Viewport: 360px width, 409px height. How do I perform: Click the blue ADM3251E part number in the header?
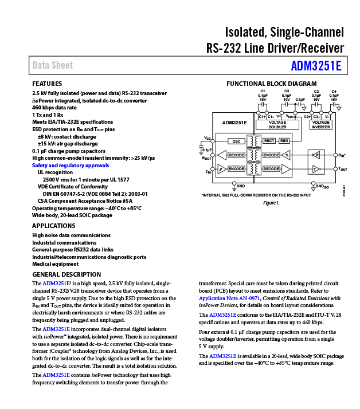[x=315, y=65]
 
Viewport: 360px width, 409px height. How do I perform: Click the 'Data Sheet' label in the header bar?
[x=53, y=65]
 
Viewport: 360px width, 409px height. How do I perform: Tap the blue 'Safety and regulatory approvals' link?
[x=70, y=165]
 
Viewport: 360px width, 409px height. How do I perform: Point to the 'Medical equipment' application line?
[x=55, y=264]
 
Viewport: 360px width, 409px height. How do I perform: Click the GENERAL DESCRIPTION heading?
[x=66, y=274]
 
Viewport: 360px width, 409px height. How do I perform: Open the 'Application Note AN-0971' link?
[x=229, y=298]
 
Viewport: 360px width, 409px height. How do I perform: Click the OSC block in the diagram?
[x=236, y=141]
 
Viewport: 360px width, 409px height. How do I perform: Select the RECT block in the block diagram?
[x=269, y=140]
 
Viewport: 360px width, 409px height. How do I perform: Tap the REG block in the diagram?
[x=284, y=140]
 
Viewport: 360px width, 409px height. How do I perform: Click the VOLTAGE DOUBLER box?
[x=277, y=124]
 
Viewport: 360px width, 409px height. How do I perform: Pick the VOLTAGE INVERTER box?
[x=321, y=124]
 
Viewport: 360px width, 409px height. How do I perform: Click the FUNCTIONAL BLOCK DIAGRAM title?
[x=271, y=84]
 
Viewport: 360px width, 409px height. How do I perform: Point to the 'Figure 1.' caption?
[x=271, y=203]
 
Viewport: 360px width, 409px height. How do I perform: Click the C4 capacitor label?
[x=334, y=91]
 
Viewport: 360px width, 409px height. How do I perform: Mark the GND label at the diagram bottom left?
[x=241, y=186]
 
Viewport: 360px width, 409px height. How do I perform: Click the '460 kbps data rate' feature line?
[x=54, y=107]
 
